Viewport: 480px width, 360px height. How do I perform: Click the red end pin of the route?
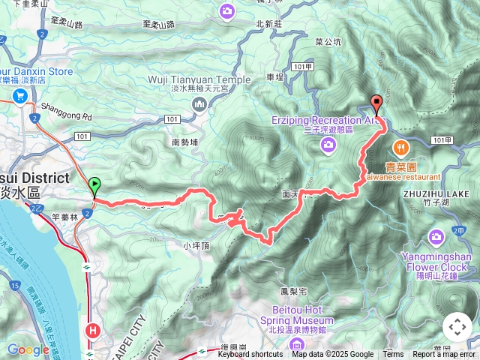[x=377, y=106]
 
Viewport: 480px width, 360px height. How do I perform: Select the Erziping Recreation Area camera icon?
[x=327, y=145]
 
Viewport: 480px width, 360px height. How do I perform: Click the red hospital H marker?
[x=93, y=329]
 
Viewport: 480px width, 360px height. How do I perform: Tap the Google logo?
[x=28, y=349]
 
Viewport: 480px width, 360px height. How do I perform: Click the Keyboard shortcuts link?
[x=250, y=355]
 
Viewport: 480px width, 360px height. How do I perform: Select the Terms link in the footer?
[x=393, y=355]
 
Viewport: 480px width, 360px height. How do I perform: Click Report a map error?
[x=444, y=355]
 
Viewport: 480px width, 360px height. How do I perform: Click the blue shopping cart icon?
[x=19, y=95]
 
